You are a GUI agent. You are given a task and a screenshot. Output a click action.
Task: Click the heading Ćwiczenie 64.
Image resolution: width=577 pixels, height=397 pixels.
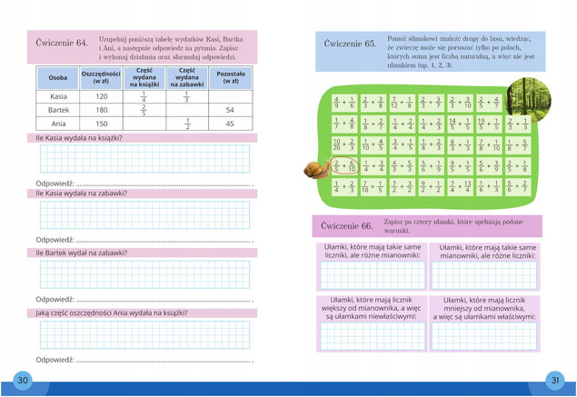click(x=62, y=42)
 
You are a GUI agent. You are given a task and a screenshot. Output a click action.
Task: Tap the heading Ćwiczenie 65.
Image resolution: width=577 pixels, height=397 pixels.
click(x=350, y=44)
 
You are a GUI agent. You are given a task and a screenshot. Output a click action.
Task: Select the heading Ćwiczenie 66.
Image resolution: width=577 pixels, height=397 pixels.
click(x=347, y=225)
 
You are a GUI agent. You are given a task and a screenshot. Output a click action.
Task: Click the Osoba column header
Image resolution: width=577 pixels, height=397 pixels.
click(x=57, y=77)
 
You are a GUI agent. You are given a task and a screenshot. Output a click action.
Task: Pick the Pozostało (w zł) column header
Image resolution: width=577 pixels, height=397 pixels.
click(x=230, y=77)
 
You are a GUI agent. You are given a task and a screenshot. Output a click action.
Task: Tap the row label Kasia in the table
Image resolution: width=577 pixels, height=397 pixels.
click(x=57, y=96)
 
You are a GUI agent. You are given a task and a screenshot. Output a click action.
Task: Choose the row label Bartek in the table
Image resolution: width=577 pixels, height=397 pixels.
click(x=57, y=110)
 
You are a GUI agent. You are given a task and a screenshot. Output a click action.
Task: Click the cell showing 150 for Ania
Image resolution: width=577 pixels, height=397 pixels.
click(x=101, y=124)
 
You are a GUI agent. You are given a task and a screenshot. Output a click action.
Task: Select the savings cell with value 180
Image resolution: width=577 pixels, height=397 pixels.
click(x=101, y=110)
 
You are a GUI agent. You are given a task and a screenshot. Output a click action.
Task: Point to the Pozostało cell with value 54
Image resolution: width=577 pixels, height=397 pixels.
click(x=230, y=110)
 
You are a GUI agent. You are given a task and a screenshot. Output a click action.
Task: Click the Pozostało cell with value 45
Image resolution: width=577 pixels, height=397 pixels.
click(x=230, y=124)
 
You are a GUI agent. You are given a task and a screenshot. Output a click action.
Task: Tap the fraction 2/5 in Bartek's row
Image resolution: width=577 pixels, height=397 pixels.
click(x=144, y=110)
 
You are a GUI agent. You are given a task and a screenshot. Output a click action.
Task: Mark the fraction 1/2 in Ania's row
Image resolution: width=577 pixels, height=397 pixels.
click(x=186, y=124)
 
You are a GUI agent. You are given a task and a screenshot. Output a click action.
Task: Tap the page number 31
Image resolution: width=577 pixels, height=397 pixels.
click(x=554, y=380)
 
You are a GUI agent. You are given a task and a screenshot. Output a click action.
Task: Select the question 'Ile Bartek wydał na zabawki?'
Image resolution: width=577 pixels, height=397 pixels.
click(x=82, y=253)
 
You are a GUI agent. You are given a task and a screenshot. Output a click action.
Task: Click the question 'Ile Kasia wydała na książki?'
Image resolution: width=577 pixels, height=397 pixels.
click(x=79, y=138)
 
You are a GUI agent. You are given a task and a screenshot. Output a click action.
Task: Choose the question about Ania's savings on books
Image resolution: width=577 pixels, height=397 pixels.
click(x=112, y=313)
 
